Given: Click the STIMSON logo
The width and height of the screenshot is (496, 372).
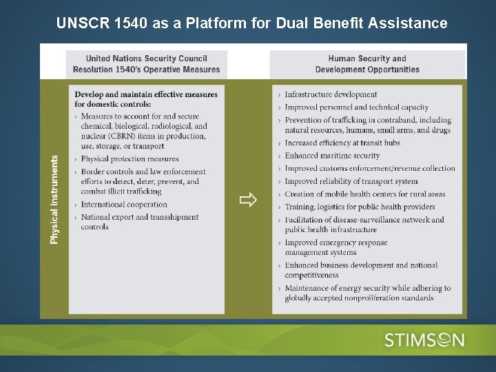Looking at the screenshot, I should click(x=424, y=340).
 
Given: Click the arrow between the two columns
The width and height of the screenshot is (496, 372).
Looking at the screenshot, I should click(x=248, y=200).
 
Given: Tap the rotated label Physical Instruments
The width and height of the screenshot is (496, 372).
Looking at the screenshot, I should click(x=54, y=198).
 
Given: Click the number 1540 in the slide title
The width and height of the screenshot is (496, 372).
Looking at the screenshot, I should click(x=130, y=23).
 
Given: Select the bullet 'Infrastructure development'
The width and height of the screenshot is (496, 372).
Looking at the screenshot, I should click(x=331, y=94).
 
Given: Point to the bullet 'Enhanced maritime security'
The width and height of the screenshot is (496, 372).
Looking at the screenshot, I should click(x=332, y=156).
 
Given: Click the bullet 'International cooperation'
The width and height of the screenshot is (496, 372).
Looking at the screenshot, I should click(x=124, y=205).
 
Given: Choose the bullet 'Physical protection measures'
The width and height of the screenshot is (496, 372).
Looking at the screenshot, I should click(x=130, y=159).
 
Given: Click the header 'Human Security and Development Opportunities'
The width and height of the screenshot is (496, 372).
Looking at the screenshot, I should click(x=367, y=64).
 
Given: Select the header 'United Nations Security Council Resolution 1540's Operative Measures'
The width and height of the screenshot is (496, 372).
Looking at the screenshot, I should click(x=146, y=64).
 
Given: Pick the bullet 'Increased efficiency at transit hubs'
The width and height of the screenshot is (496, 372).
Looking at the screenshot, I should click(x=342, y=143).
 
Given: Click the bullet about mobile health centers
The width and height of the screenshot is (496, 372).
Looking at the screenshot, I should click(x=365, y=194).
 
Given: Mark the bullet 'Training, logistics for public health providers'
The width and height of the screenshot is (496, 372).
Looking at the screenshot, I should click(x=360, y=207).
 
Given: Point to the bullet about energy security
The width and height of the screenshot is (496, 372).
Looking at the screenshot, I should click(x=367, y=293).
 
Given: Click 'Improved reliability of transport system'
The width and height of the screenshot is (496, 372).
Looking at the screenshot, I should click(x=351, y=181).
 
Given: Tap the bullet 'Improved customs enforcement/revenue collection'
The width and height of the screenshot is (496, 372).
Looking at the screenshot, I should click(x=370, y=168).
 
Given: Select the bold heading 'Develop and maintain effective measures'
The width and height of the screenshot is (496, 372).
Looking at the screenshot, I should click(x=146, y=94).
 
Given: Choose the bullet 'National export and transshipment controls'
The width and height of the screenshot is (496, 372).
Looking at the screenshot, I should click(x=139, y=222).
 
